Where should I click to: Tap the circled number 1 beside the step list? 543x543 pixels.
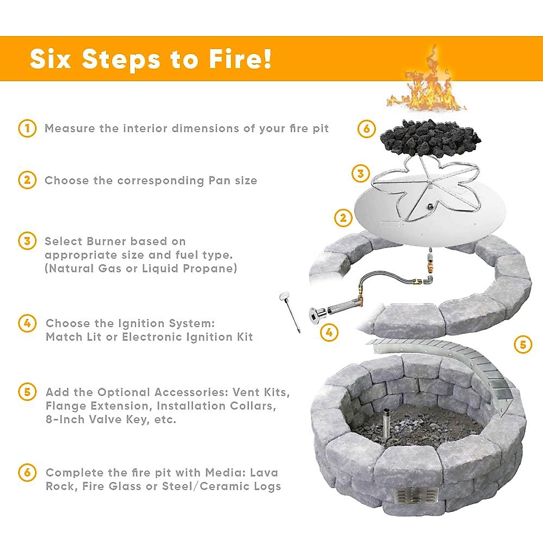point(27,128)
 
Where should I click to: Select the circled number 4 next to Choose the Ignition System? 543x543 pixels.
point(27,324)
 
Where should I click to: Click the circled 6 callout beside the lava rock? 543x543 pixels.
point(367,129)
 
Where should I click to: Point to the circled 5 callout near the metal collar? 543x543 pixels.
point(523,345)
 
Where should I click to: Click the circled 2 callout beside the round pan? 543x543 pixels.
point(343,218)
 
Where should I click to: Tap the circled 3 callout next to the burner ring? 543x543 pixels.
point(360,173)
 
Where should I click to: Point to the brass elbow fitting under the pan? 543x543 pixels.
point(428,280)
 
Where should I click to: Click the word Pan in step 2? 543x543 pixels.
point(219,181)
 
